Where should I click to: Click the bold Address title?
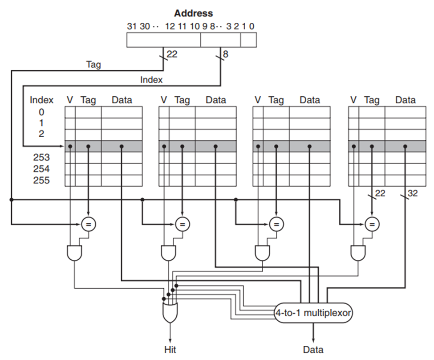tap(194, 13)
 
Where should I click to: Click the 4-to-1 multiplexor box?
tap(313, 313)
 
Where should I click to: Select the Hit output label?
tap(170, 349)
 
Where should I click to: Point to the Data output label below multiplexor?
tap(313, 349)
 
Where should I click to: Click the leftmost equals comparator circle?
tap(89, 224)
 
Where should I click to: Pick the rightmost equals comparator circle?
tap(372, 224)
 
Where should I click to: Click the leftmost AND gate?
tap(74, 253)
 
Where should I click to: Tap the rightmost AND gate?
tap(358, 253)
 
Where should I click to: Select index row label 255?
tap(41, 180)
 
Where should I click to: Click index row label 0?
tap(41, 112)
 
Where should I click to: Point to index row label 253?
tap(41, 157)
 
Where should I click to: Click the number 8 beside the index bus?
tap(226, 54)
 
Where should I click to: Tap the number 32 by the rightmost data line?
tap(412, 193)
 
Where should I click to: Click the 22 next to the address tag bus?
tap(172, 54)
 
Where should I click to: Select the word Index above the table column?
tap(41, 100)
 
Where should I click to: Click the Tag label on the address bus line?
tap(93, 65)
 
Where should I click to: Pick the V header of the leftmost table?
tap(70, 100)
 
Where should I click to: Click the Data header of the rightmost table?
tap(405, 100)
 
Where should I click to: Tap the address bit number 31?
tap(132, 26)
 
